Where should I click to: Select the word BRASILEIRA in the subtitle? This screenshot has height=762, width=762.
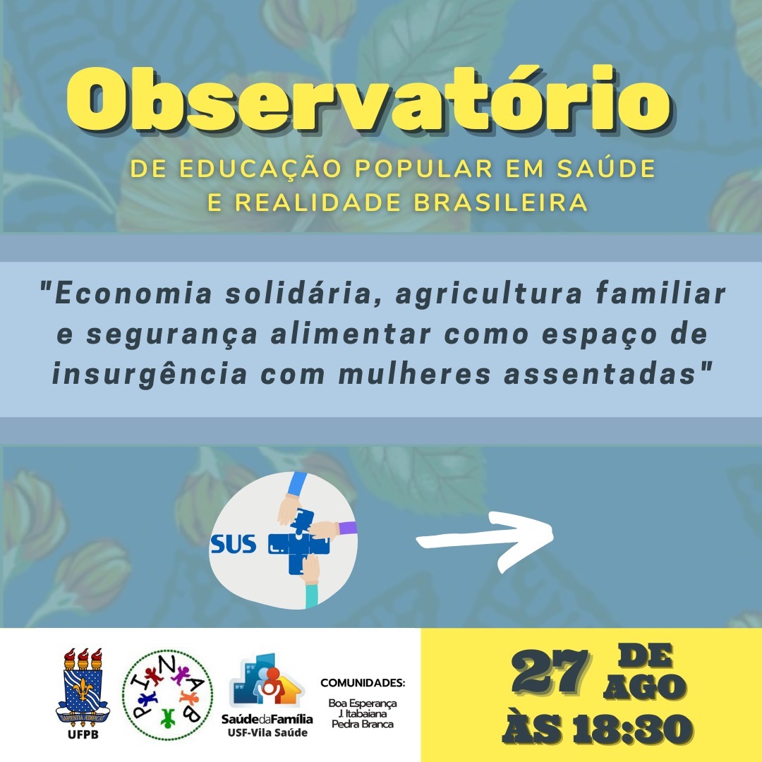coord(500,202)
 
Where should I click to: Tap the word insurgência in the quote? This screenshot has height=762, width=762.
coord(150,375)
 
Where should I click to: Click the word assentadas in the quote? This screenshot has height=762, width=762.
coord(600,375)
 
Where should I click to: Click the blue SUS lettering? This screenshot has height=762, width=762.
coord(234,544)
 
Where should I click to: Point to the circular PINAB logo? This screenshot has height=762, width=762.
coord(167,695)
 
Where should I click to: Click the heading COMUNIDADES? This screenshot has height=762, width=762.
coord(363,683)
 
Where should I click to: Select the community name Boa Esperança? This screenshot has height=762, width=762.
coord(363,703)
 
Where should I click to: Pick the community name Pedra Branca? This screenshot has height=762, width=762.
coord(363,724)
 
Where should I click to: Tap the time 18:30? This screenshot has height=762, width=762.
coord(632,730)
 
